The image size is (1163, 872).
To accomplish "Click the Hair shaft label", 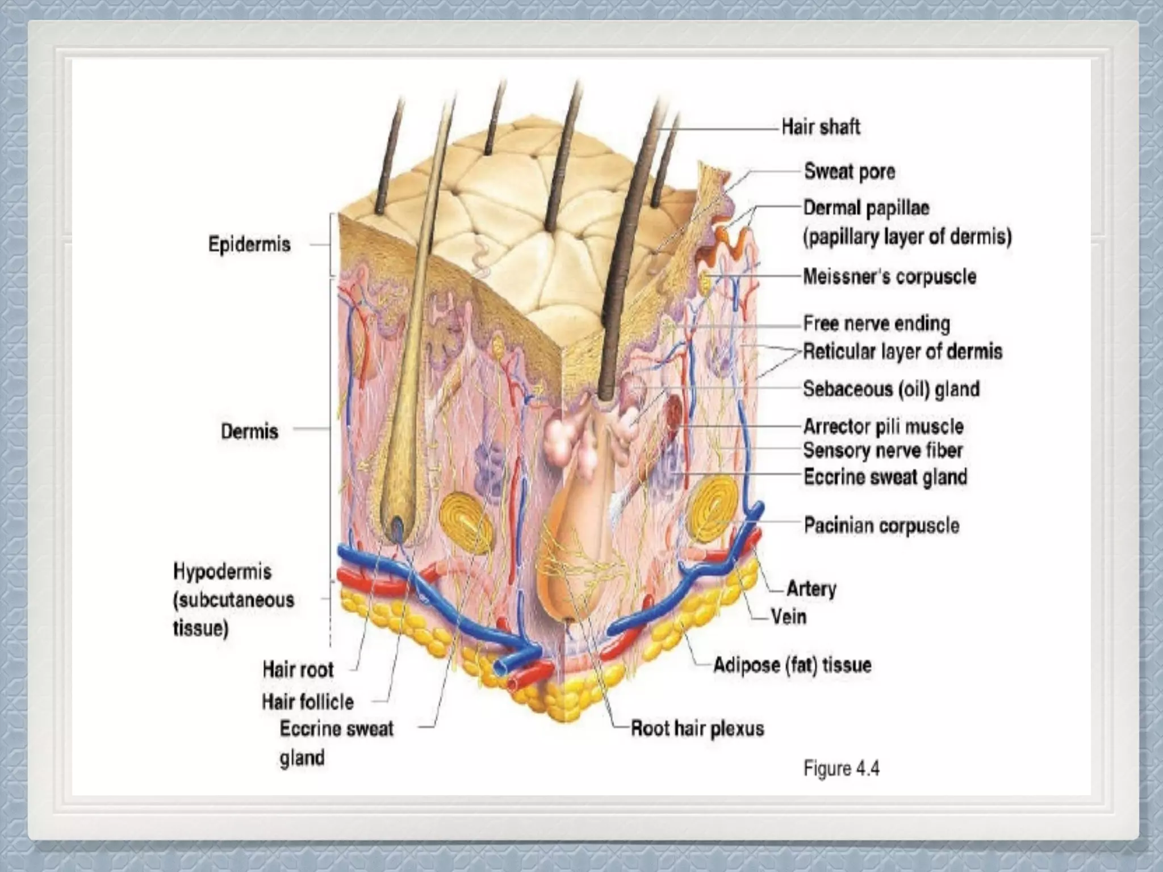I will (x=821, y=127).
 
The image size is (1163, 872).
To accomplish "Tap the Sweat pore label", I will (x=850, y=171).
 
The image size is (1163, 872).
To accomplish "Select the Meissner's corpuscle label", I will (x=889, y=277).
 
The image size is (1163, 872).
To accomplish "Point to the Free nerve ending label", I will (x=876, y=324).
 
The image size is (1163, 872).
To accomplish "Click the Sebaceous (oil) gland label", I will (x=891, y=389).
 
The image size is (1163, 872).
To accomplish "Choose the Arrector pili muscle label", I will (x=883, y=426).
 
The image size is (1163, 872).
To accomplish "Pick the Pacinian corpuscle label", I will (x=881, y=526).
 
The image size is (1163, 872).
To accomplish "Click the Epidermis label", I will (x=249, y=245).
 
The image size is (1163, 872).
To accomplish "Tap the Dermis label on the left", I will (x=249, y=431).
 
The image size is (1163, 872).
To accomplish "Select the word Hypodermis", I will (x=222, y=571).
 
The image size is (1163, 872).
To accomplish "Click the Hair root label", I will (x=298, y=670).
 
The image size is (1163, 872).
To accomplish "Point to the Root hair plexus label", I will (x=697, y=728).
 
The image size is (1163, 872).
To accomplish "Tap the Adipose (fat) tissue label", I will (x=792, y=665).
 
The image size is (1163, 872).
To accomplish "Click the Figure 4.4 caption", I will (x=841, y=769).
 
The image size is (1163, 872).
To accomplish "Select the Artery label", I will (x=811, y=589).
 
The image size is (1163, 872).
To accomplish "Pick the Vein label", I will (x=789, y=617).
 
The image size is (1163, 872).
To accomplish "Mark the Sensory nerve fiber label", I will (x=882, y=451).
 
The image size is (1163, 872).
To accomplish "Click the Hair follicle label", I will (x=308, y=702).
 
